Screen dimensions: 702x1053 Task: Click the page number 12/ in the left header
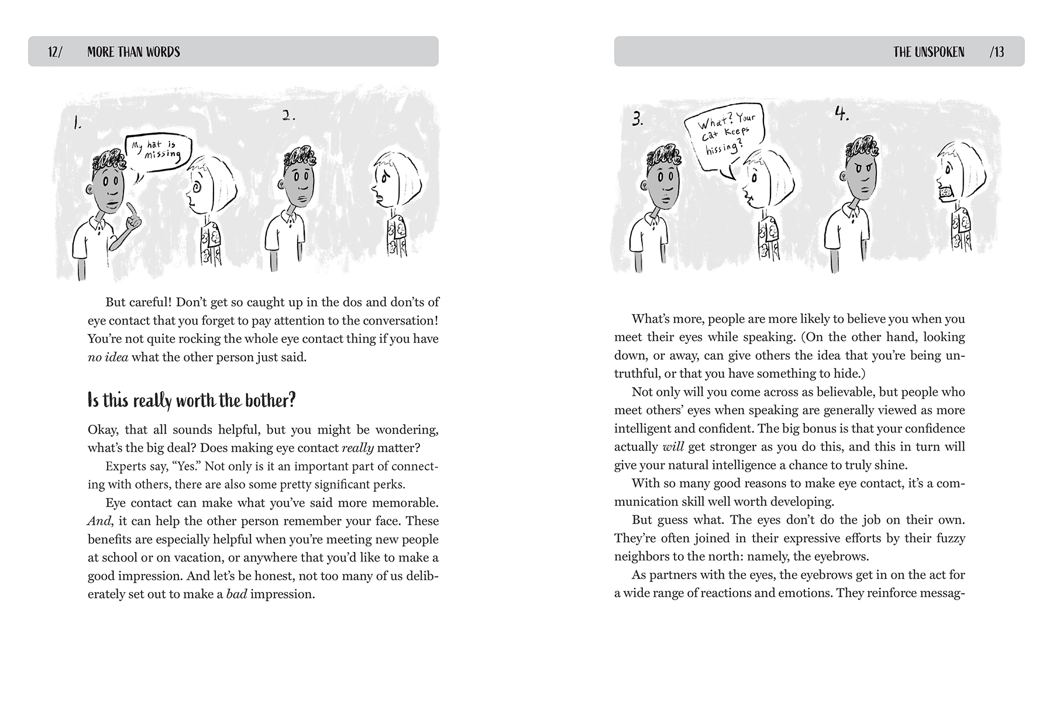55,52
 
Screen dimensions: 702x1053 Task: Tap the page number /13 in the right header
996,52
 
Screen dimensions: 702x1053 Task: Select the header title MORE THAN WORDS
133,52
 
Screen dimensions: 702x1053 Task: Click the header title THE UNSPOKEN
928,52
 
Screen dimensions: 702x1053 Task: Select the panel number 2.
288,116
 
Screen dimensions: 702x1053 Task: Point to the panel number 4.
842,115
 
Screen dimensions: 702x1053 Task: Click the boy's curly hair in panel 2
301,156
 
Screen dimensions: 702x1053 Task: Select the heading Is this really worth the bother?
191,401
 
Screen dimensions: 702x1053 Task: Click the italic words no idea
108,357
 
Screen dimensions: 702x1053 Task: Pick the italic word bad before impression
236,594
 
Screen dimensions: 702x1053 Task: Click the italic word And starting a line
98,521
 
